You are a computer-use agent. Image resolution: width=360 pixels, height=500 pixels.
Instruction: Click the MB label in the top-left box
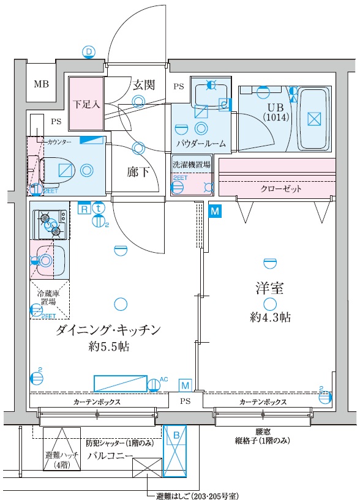42,84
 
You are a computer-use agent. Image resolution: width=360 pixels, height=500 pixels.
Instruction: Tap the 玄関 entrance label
144,85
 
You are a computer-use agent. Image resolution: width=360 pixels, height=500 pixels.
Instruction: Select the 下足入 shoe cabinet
86,105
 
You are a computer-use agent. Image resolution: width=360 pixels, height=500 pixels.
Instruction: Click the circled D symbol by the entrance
89,52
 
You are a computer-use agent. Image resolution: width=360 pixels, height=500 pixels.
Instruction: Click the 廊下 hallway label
139,172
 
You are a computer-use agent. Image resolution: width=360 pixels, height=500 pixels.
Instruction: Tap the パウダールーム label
201,144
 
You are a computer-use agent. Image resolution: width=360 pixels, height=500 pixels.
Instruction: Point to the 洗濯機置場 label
191,165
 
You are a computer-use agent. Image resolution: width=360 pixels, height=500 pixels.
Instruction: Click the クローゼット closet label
281,189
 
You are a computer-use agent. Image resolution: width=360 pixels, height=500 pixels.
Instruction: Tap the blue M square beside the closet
215,211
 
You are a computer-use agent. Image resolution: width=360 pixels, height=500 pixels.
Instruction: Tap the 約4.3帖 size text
270,318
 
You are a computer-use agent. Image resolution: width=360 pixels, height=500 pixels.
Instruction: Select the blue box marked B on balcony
176,450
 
